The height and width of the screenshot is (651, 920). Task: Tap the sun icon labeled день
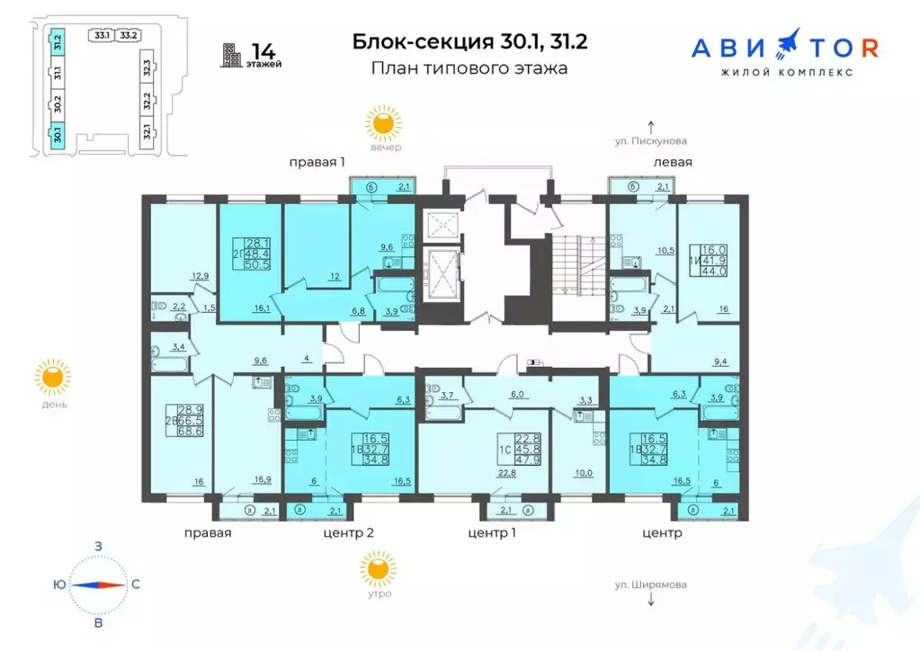coord(52,378)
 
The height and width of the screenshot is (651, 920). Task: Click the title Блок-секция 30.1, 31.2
coord(469,41)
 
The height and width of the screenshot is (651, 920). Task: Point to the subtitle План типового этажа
coord(469,68)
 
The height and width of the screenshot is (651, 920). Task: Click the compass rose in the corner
coord(99,584)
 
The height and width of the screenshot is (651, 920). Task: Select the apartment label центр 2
coord(348,533)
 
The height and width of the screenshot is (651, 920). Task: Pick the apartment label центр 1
coord(494,533)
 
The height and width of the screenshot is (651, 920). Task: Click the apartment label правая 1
coord(317,162)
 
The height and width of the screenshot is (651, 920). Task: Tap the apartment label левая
coord(673,162)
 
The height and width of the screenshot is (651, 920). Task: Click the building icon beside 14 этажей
coord(233,55)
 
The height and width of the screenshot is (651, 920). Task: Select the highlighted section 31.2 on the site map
coord(57,41)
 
